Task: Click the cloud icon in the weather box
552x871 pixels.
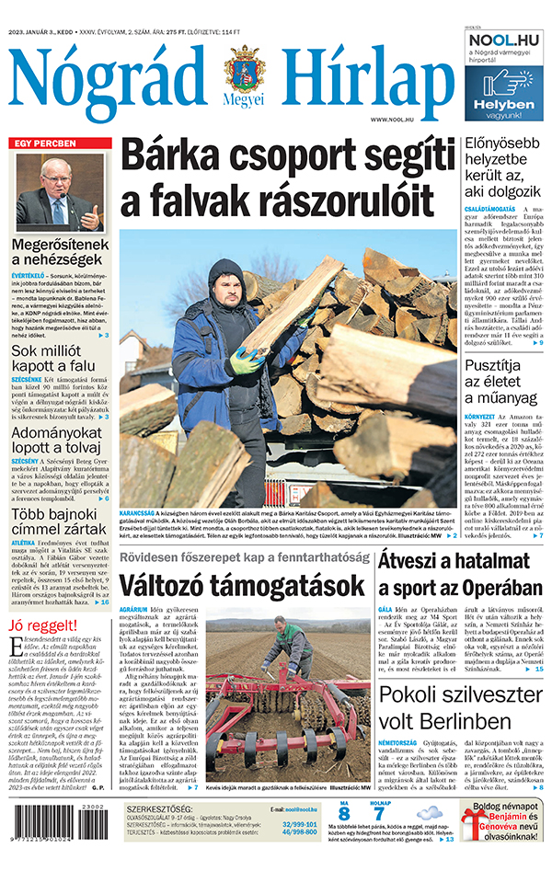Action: point(430,812)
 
